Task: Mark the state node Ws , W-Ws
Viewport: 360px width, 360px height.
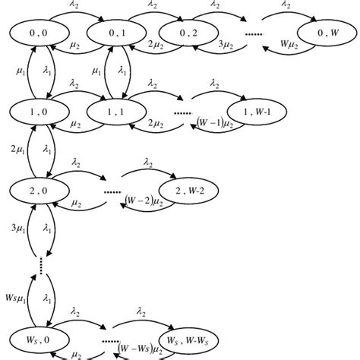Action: [x=185, y=338]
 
